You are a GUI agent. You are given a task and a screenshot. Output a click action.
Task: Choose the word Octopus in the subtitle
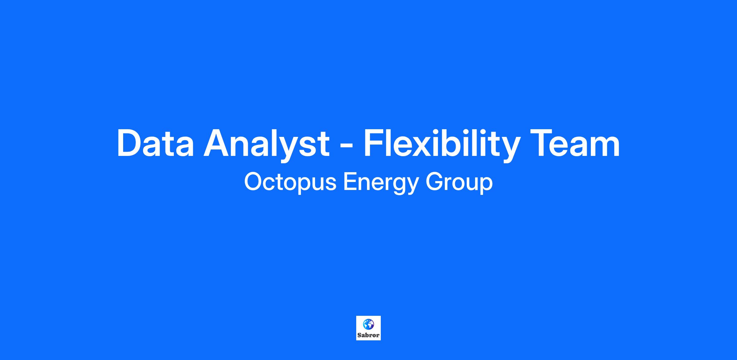(290, 182)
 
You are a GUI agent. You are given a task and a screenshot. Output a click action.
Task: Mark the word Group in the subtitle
(459, 183)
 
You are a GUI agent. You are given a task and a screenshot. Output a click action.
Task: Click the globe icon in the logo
(368, 324)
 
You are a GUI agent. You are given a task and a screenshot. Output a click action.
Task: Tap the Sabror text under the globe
(368, 335)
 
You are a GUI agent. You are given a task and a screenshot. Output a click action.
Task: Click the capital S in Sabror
(359, 335)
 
